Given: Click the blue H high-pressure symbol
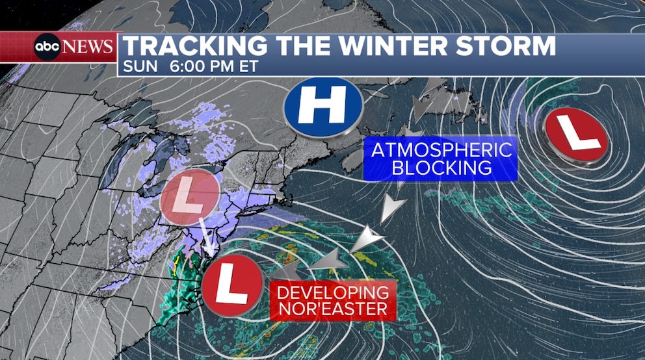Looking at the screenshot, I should pyautogui.click(x=323, y=108).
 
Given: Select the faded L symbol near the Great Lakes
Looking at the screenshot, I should pyautogui.click(x=189, y=197).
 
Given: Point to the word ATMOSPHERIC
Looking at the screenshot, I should pyautogui.click(x=441, y=150).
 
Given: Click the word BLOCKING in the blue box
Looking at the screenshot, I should pyautogui.click(x=441, y=168).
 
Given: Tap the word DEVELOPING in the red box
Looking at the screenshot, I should pyautogui.click(x=333, y=292).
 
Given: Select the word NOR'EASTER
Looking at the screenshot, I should pyautogui.click(x=333, y=309).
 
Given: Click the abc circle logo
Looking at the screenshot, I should pyautogui.click(x=47, y=47).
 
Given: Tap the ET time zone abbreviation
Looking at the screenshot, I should pyautogui.click(x=249, y=66).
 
